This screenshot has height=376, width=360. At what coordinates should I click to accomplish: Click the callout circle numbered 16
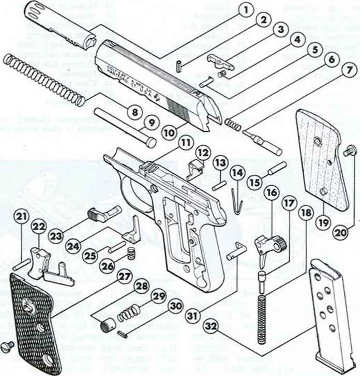pyautogui.click(x=272, y=191)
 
